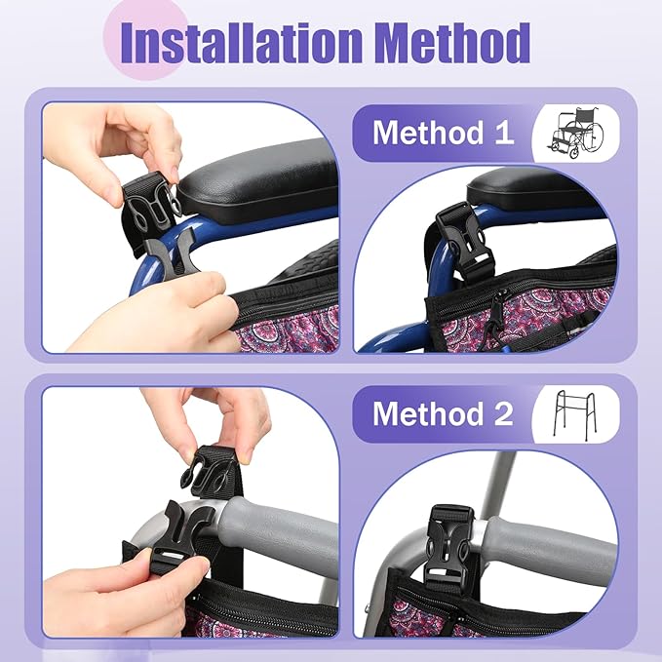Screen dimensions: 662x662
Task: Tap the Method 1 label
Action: pos(442,133)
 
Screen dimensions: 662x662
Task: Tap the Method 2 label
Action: pos(442,413)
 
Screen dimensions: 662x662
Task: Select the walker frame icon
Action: pos(576,413)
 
